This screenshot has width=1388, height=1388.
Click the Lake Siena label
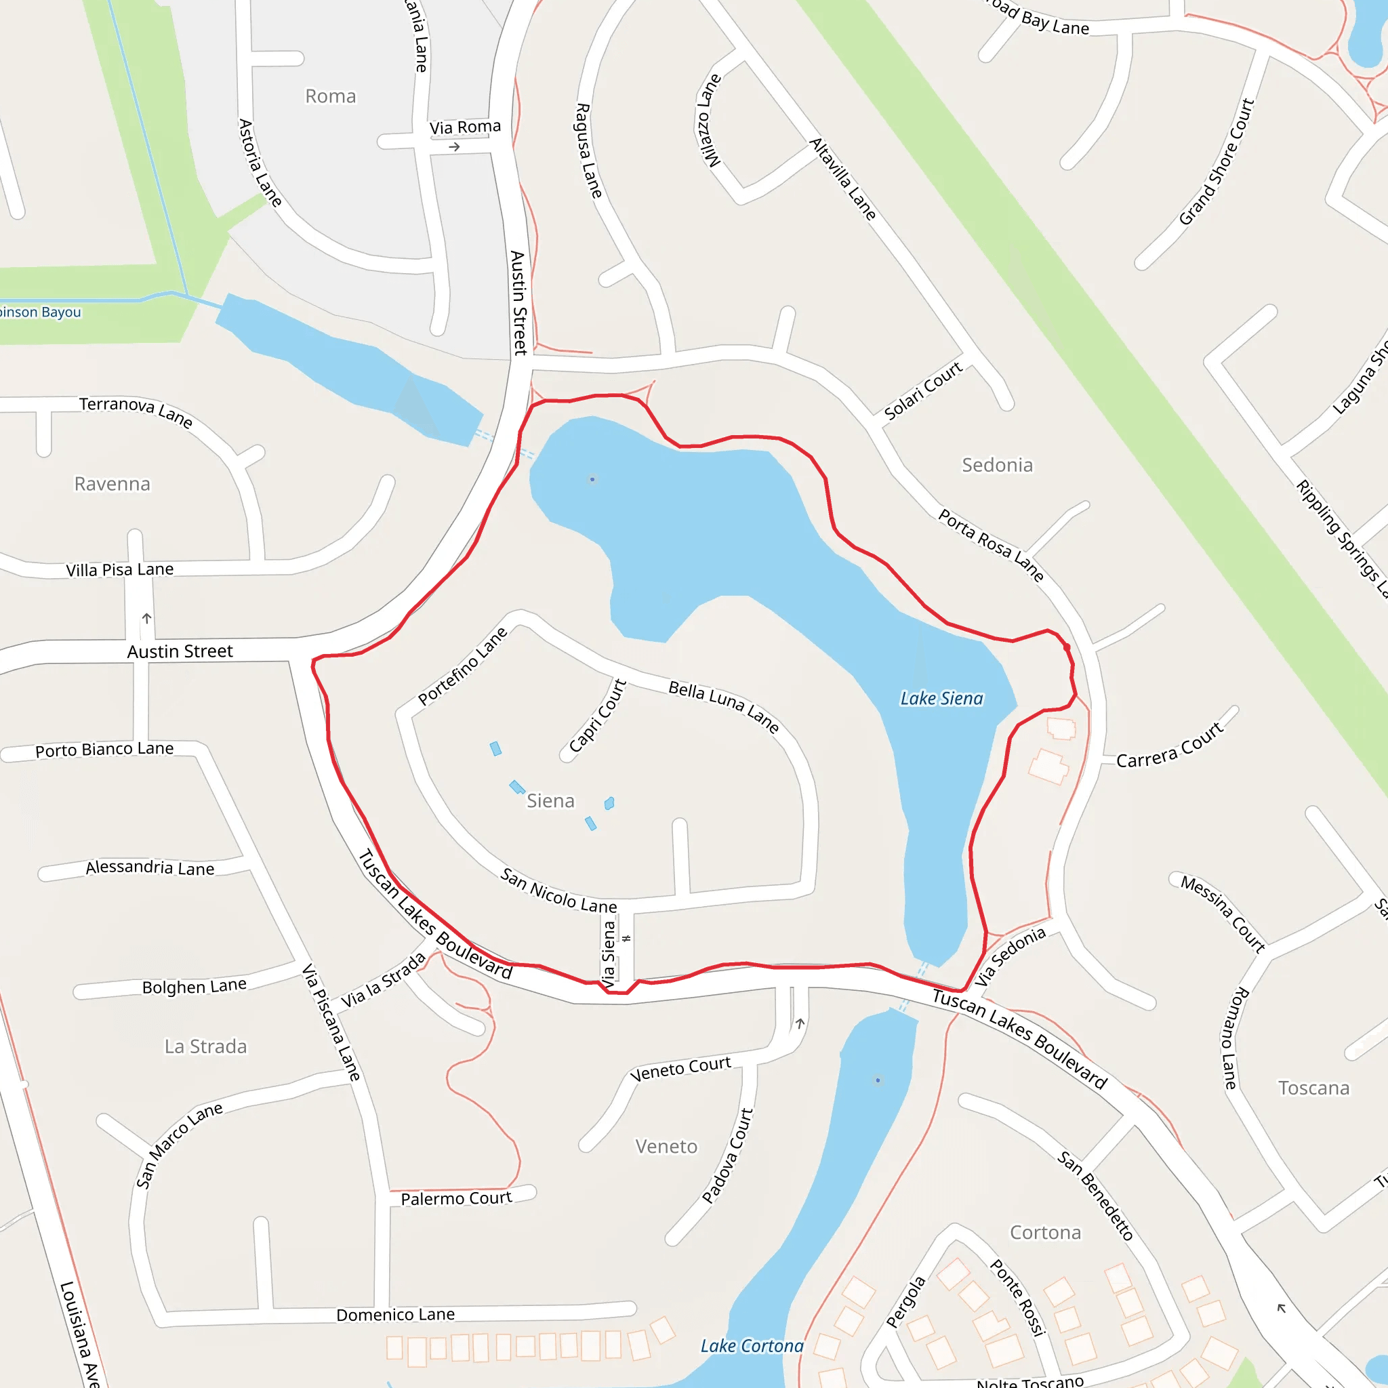[x=941, y=698]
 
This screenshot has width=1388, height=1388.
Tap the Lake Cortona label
[x=752, y=1345]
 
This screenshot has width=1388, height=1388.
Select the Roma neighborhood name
[x=331, y=96]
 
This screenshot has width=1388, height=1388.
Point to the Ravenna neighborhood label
[x=113, y=484]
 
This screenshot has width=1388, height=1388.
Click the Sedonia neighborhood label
[x=997, y=466]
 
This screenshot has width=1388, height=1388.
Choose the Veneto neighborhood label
[x=666, y=1146]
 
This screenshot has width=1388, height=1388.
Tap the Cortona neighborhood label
[x=1045, y=1232]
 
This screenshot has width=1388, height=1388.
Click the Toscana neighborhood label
[x=1313, y=1088]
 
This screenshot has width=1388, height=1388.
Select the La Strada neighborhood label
[x=205, y=1046]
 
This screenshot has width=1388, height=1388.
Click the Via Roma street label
[x=465, y=127]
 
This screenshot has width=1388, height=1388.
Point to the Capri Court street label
[x=597, y=716]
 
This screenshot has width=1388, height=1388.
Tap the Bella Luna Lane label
[x=723, y=707]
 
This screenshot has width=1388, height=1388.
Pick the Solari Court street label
[x=922, y=391]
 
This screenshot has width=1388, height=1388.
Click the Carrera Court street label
[x=1169, y=746]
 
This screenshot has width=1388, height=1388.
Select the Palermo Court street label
[x=456, y=1198]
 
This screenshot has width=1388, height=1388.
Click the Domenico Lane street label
[x=395, y=1314]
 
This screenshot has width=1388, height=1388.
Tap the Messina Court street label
[x=1223, y=914]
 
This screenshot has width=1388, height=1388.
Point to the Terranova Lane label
[x=136, y=412]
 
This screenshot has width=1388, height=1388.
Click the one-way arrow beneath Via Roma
[x=454, y=147]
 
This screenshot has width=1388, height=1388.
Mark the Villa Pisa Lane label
[x=120, y=570]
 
